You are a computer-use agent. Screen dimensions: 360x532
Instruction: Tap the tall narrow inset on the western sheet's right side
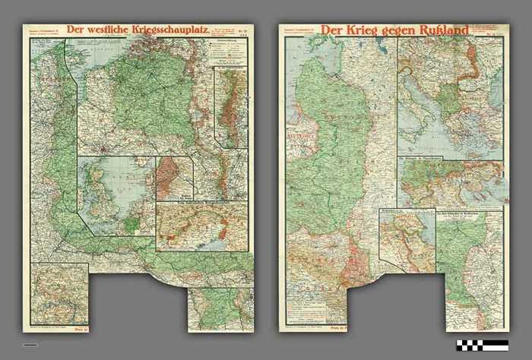pos(230,106)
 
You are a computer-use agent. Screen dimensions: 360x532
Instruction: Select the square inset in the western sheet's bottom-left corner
pos(59,292)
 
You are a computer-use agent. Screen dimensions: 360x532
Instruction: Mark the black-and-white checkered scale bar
pos(482,345)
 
